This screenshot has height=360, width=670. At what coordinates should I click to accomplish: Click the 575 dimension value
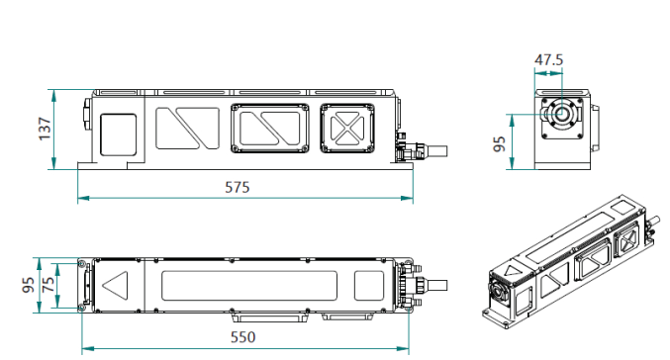[238, 187]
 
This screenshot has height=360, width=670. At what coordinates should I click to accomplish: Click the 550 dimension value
[243, 337]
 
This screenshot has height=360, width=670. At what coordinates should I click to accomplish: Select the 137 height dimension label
[45, 129]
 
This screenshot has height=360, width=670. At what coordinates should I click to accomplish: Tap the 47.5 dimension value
[548, 59]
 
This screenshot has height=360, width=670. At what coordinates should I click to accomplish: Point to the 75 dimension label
[48, 285]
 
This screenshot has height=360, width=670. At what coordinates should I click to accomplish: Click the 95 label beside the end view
[499, 144]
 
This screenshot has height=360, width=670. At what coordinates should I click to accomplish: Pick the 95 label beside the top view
[28, 285]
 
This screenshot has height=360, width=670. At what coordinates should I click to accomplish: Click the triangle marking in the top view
[116, 285]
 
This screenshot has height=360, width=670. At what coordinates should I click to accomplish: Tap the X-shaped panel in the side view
[347, 129]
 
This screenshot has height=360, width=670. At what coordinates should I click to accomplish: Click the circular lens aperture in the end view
[562, 114]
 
